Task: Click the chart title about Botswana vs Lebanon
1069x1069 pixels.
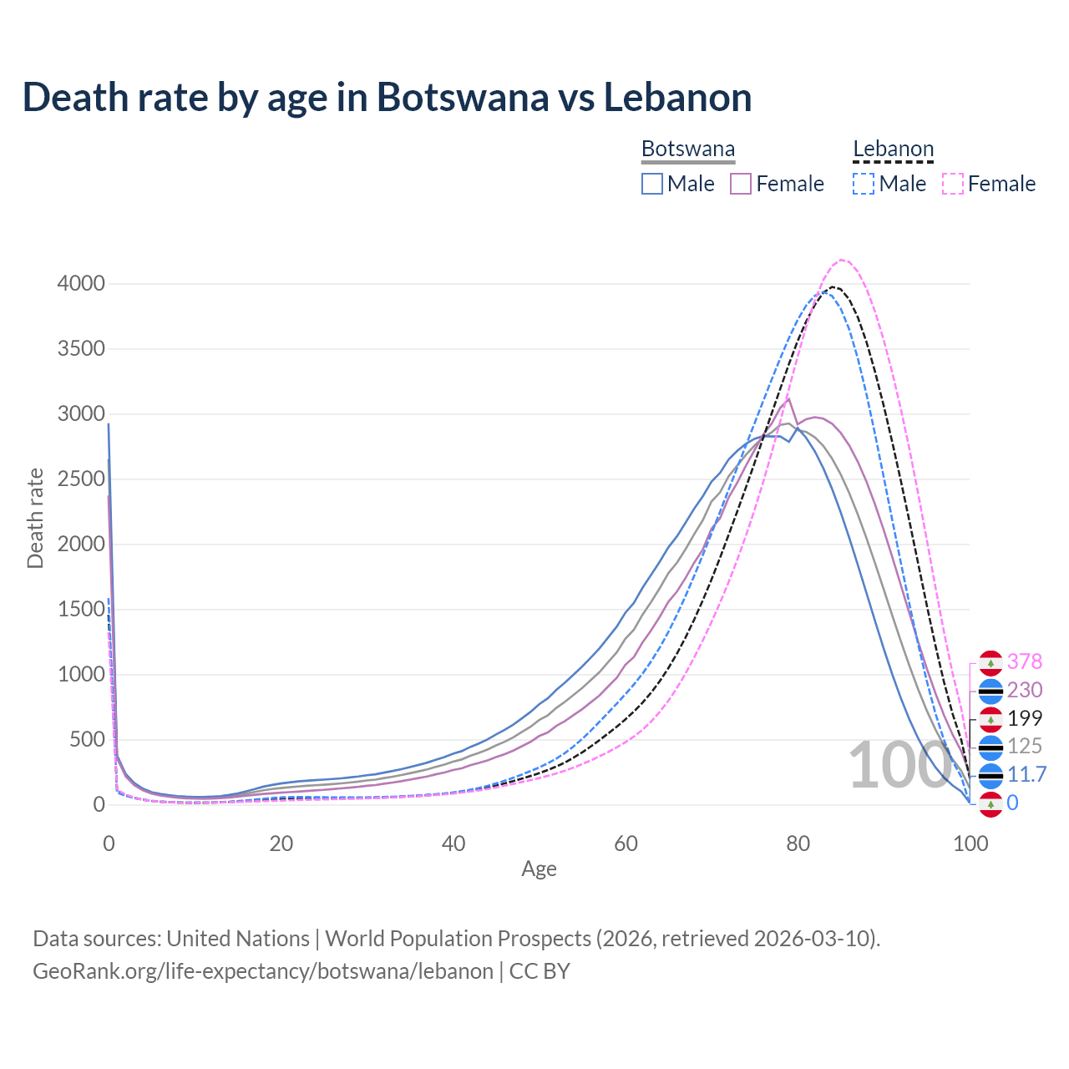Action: click(387, 98)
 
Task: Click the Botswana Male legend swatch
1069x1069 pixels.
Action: click(652, 184)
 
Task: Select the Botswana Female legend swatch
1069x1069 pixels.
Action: click(741, 184)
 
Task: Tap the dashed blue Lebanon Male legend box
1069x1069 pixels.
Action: click(864, 184)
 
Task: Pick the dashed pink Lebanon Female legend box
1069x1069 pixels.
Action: click(953, 184)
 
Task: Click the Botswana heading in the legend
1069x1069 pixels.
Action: click(688, 149)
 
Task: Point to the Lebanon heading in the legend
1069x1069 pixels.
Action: click(893, 149)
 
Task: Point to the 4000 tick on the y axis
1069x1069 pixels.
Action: click(81, 284)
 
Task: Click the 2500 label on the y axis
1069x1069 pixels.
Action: click(81, 479)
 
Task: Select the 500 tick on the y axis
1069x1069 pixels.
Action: click(87, 740)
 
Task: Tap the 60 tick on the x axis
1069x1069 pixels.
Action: click(626, 844)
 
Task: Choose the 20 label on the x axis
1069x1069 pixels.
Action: click(281, 844)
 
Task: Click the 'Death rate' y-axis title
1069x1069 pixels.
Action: click(35, 518)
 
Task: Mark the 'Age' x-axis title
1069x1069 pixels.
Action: click(539, 869)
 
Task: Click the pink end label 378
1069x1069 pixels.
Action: click(1025, 661)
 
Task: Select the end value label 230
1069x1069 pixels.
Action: click(1025, 690)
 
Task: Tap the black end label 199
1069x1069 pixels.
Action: click(1025, 718)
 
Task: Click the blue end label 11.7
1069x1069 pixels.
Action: click(1026, 774)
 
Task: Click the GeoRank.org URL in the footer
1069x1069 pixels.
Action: click(263, 971)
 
